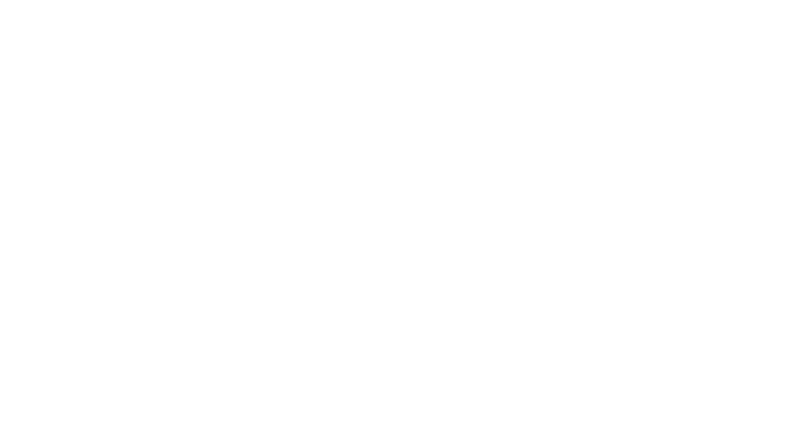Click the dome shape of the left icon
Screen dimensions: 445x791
pos(139,185)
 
